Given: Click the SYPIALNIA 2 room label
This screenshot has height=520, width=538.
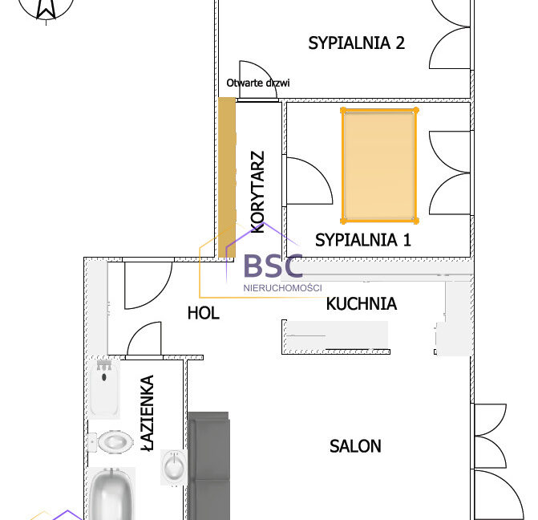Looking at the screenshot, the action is pyautogui.click(x=356, y=43).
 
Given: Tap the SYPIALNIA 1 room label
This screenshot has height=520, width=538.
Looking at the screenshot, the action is pyautogui.click(x=363, y=240).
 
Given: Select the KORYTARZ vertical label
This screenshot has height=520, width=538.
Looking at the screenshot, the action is pyautogui.click(x=257, y=192).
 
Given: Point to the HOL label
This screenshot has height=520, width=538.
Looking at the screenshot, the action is pyautogui.click(x=203, y=313).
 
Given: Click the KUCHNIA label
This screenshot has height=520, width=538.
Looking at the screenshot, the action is pyautogui.click(x=362, y=304).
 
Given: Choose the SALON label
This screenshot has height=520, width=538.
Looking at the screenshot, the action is pyautogui.click(x=355, y=446).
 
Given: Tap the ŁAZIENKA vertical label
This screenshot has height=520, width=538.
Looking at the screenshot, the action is pyautogui.click(x=148, y=412).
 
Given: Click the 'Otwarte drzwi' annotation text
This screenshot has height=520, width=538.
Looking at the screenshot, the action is pyautogui.click(x=258, y=83).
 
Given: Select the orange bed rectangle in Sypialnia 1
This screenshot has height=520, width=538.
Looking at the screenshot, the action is pyautogui.click(x=379, y=165).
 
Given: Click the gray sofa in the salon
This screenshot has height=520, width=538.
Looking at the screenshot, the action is pyautogui.click(x=208, y=465).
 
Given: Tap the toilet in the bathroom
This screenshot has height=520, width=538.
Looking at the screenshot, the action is pyautogui.click(x=111, y=441).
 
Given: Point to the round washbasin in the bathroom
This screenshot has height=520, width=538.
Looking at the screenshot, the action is pyautogui.click(x=174, y=467).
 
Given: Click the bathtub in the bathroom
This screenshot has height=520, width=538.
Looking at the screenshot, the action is pyautogui.click(x=111, y=494).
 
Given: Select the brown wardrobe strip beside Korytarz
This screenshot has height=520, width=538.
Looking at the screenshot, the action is pyautogui.click(x=227, y=177).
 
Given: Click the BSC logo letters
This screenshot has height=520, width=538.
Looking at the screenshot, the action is pyautogui.click(x=273, y=266).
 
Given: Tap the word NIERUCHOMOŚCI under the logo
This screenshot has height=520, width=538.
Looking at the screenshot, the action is pyautogui.click(x=283, y=288).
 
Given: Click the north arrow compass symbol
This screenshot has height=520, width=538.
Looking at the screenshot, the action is pyautogui.click(x=46, y=10).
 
